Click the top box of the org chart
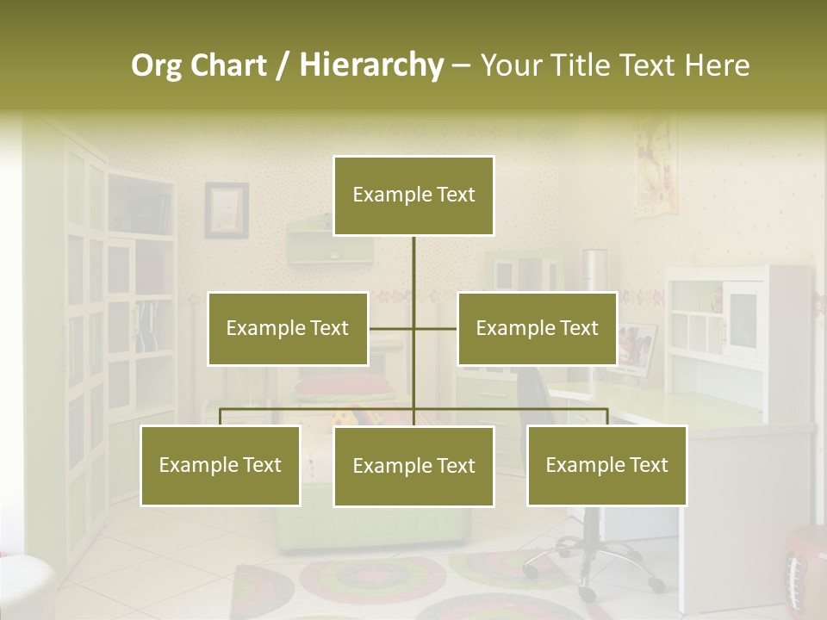coord(413,195)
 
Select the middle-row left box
coord(288,328)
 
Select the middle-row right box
coord(537,328)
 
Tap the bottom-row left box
coord(221,465)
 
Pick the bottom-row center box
coord(413,466)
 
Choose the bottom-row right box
coord(606,465)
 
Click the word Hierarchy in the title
coord(371,65)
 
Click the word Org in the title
coord(156,65)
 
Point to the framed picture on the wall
coord(226,209)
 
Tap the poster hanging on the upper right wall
coord(656,168)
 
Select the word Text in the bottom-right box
coord(648,465)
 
